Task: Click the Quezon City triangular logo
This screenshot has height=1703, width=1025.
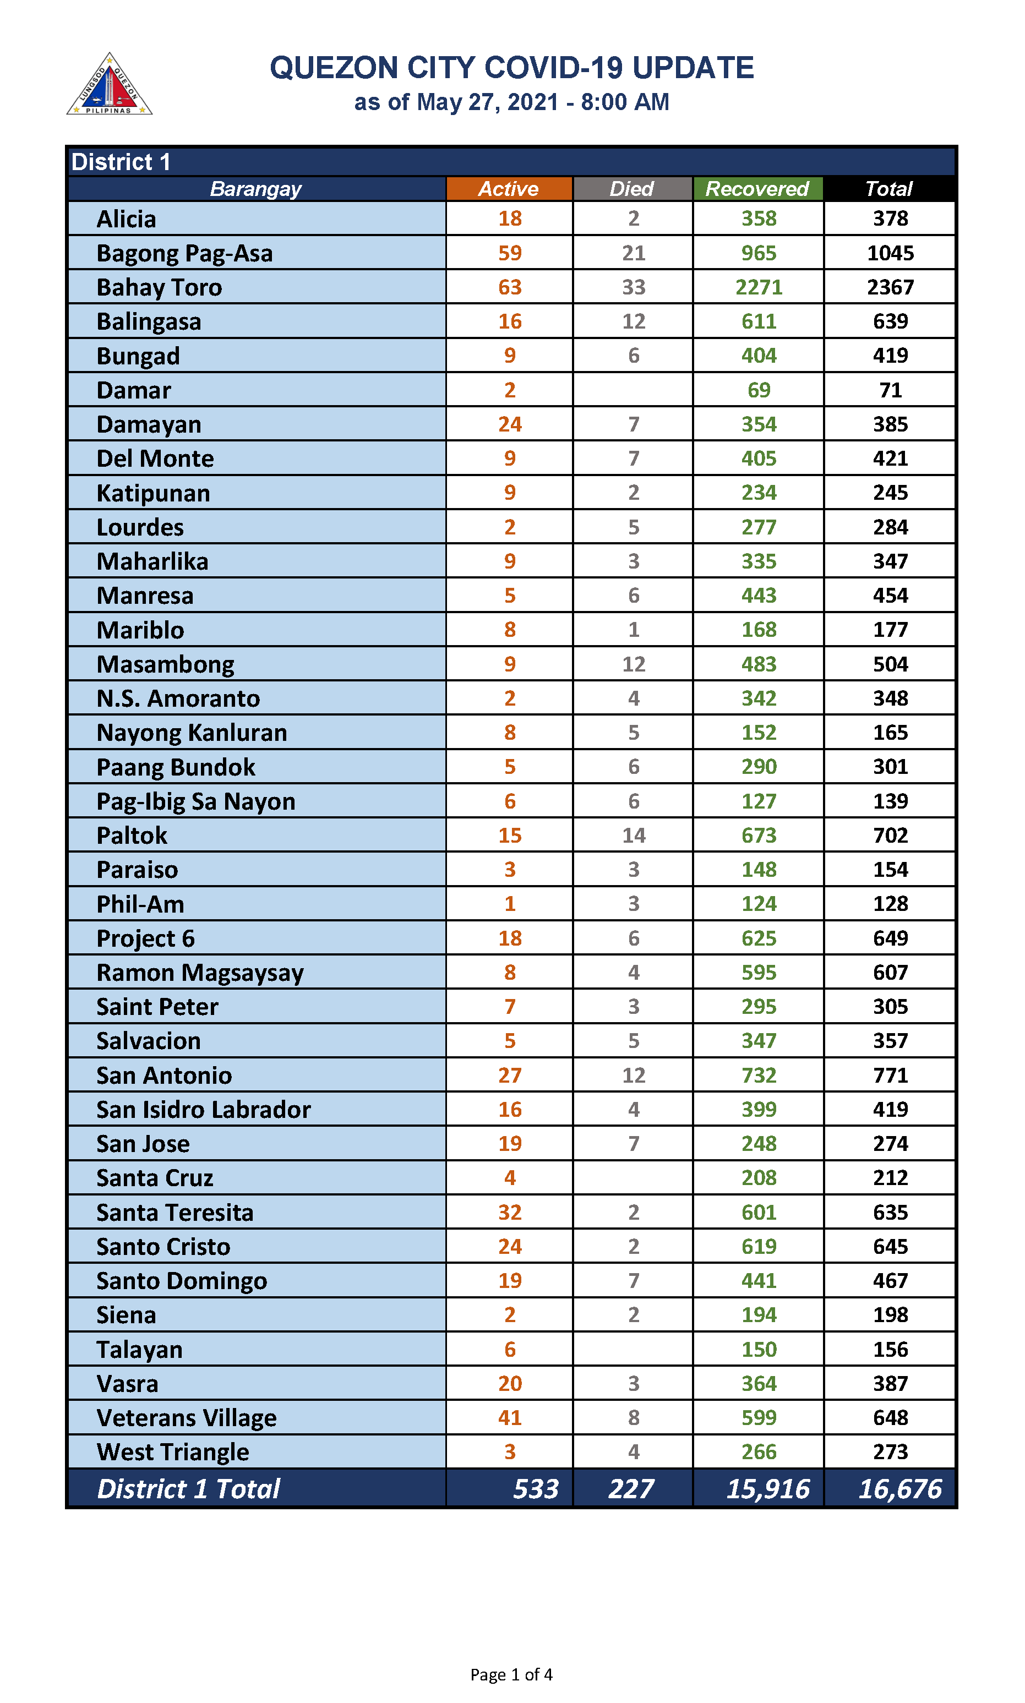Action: [x=109, y=85]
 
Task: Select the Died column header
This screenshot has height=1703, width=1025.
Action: [x=632, y=189]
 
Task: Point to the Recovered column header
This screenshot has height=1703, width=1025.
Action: [x=757, y=189]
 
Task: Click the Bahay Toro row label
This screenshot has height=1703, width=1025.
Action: [x=159, y=287]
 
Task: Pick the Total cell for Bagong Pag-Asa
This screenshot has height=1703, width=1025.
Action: [x=890, y=253]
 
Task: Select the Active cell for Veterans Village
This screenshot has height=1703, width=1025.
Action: [x=510, y=1418]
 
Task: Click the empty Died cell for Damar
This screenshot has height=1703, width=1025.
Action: [x=632, y=390]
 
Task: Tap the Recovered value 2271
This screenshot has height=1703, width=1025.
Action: [x=759, y=287]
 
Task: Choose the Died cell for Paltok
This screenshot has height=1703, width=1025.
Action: [x=634, y=836]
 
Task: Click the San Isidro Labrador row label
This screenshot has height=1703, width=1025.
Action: [x=203, y=1110]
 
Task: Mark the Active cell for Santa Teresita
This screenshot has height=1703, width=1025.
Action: [x=510, y=1213]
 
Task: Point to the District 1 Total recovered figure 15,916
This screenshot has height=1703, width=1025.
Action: [x=767, y=1489]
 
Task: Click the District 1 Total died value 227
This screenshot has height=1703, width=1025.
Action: [x=631, y=1489]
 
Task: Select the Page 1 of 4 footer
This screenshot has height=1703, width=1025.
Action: [x=511, y=1675]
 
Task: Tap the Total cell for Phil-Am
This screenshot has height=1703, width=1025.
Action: [x=890, y=904]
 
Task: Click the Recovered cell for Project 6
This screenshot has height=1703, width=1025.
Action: [x=759, y=938]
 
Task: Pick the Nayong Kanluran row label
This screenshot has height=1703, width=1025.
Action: [x=192, y=733]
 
